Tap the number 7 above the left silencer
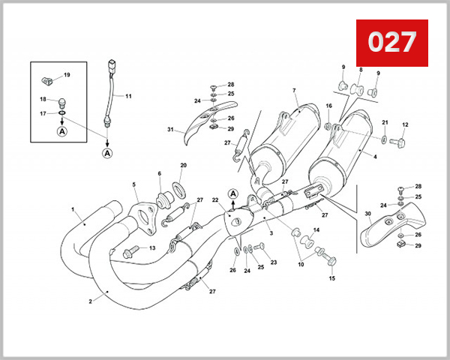coord(294,91)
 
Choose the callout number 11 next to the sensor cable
coord(128,96)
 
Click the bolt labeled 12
coord(402,140)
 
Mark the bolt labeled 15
coord(331,259)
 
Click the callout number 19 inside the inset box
coord(66,75)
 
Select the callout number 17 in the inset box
coord(43,113)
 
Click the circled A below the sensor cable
coord(106,152)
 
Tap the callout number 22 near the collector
coord(215,199)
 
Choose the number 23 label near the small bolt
coord(273,262)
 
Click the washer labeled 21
coord(384,139)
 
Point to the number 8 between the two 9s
coord(360,70)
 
